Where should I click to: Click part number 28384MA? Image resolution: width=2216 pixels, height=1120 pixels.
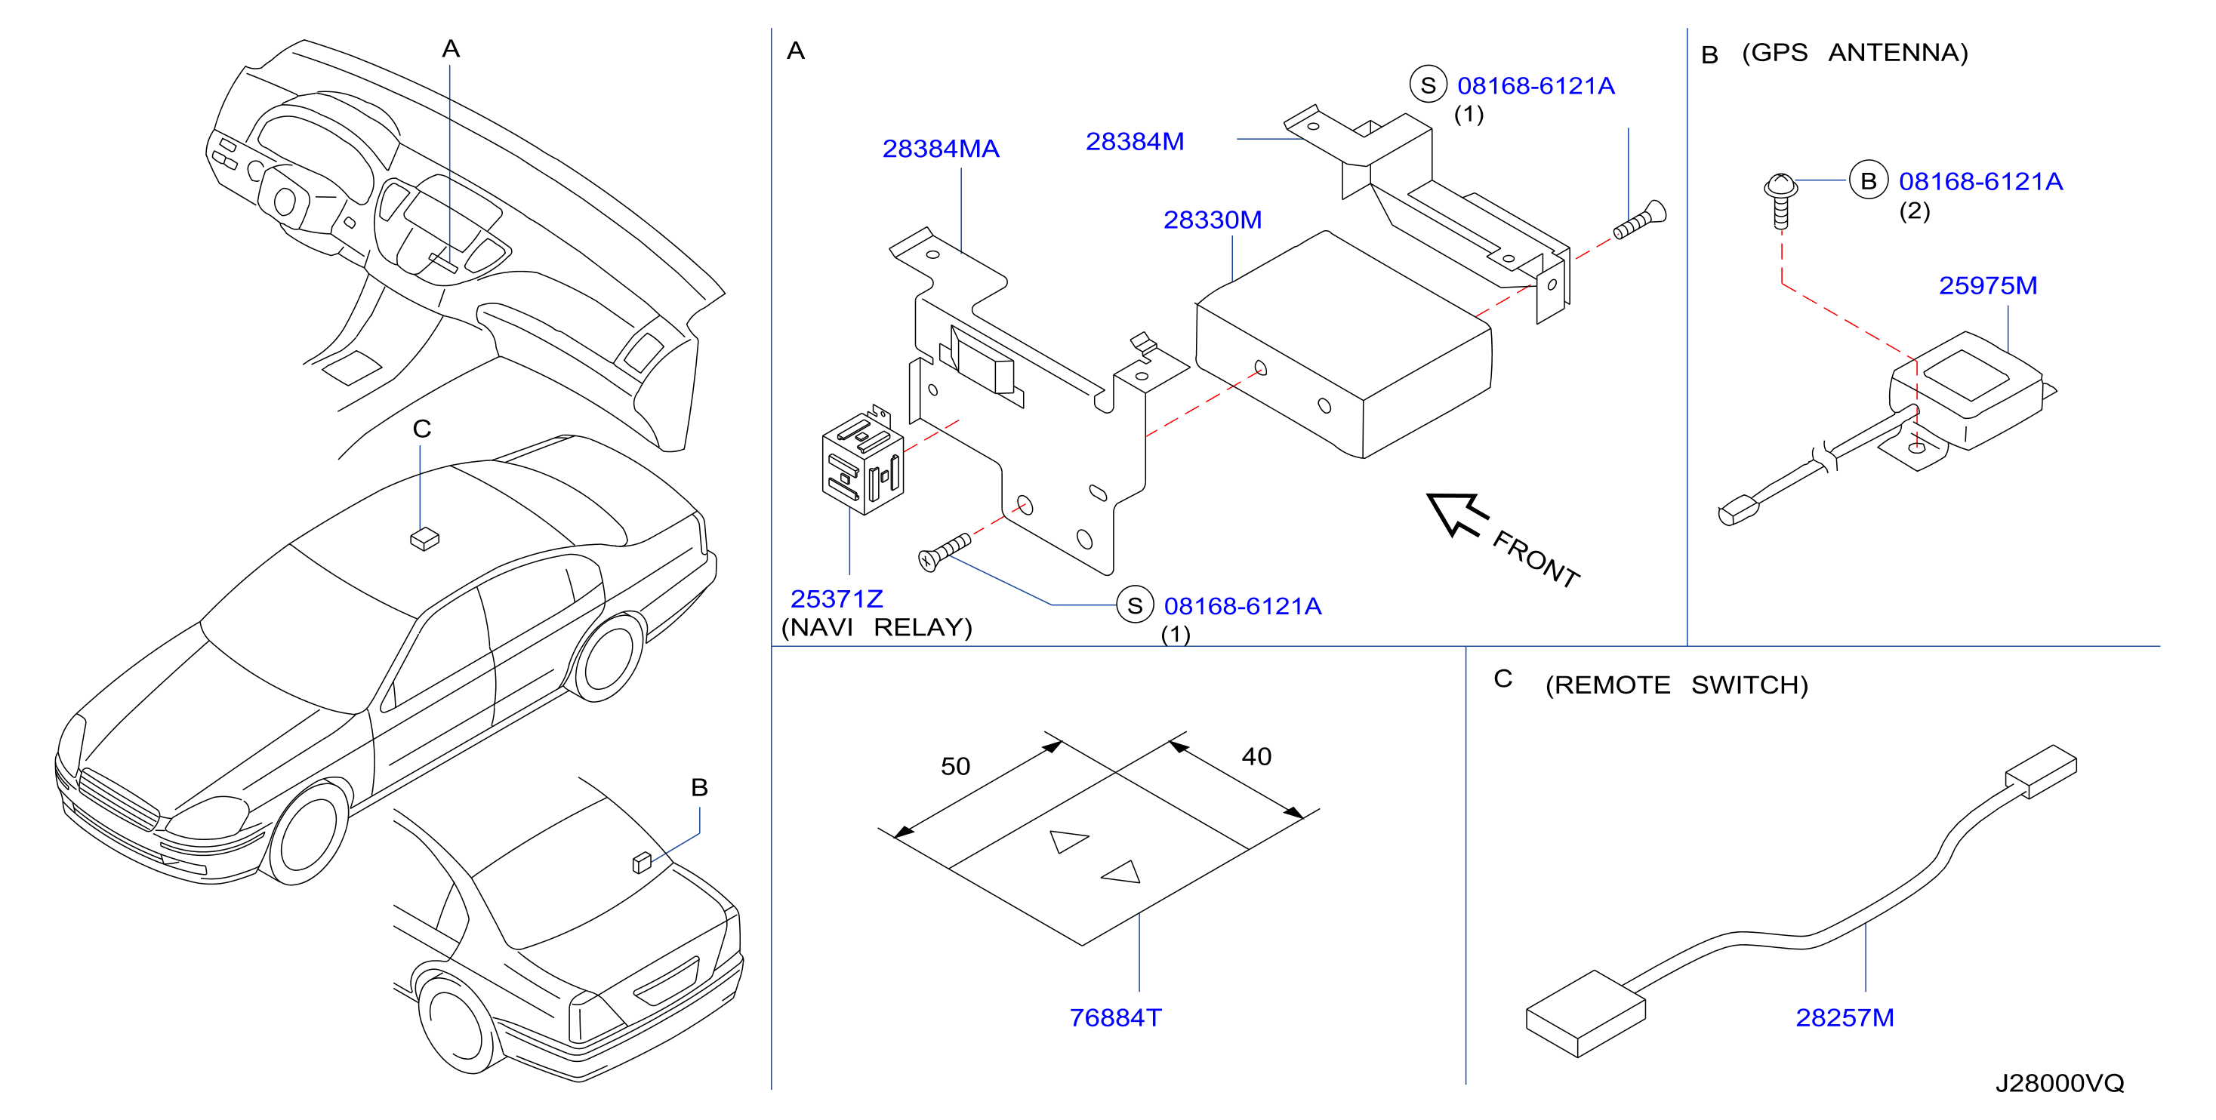coord(940,149)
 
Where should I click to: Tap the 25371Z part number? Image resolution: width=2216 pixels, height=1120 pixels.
coord(836,598)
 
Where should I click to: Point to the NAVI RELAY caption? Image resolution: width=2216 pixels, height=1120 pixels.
coord(877,627)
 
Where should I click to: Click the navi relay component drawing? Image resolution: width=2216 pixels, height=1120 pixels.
coord(863,460)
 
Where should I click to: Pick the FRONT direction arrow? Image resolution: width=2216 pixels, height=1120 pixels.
coord(1457,513)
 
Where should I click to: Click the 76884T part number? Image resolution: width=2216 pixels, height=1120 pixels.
coord(1115,1017)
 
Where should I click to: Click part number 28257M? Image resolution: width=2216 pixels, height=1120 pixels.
coord(1845,1017)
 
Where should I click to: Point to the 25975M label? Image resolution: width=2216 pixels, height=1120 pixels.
coord(1987,285)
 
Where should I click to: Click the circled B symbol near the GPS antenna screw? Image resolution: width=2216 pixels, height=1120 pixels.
coord(1868,180)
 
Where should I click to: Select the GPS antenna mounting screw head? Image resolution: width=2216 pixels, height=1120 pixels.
coord(1780,185)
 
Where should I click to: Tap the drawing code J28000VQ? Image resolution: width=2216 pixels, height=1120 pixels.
coord(2060,1083)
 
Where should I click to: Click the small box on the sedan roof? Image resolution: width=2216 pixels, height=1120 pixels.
coord(425,540)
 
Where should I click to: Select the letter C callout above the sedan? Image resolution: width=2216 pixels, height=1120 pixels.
coord(421,429)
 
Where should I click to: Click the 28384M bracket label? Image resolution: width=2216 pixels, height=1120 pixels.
coord(1135,142)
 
